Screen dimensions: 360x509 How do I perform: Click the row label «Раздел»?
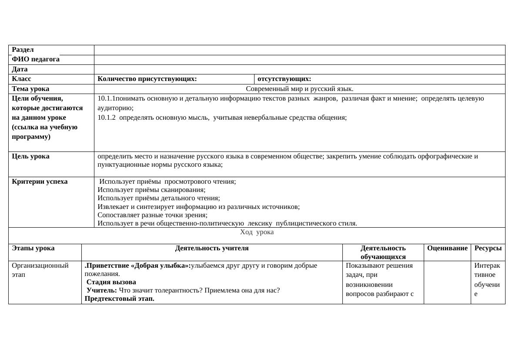pos(23,50)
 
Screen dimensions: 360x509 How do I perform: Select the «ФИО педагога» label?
pos(36,60)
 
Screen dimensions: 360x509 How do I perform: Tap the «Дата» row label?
pos(20,69)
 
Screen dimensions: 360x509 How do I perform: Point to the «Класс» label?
pos(21,79)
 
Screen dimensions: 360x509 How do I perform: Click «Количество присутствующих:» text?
pos(147,79)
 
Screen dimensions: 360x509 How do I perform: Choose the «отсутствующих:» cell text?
pos(284,79)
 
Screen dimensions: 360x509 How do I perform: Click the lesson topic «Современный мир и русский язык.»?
pos(299,89)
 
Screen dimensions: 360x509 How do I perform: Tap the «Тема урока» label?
pos(30,89)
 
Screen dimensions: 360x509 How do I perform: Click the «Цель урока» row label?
pos(30,156)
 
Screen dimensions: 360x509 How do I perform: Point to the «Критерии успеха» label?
pos(40,182)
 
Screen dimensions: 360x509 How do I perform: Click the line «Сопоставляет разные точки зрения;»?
pos(152,215)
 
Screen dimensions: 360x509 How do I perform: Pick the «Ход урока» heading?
pos(257,232)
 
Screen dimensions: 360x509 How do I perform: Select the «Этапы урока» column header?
pos(33,248)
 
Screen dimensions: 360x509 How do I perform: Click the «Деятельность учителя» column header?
pos(212,248)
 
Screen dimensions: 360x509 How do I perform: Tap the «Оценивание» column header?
pos(447,248)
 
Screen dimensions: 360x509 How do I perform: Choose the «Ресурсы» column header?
pos(488,248)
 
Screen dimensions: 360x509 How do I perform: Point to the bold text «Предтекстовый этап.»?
pos(120,299)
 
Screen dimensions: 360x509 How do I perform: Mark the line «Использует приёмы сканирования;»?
pos(151,190)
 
